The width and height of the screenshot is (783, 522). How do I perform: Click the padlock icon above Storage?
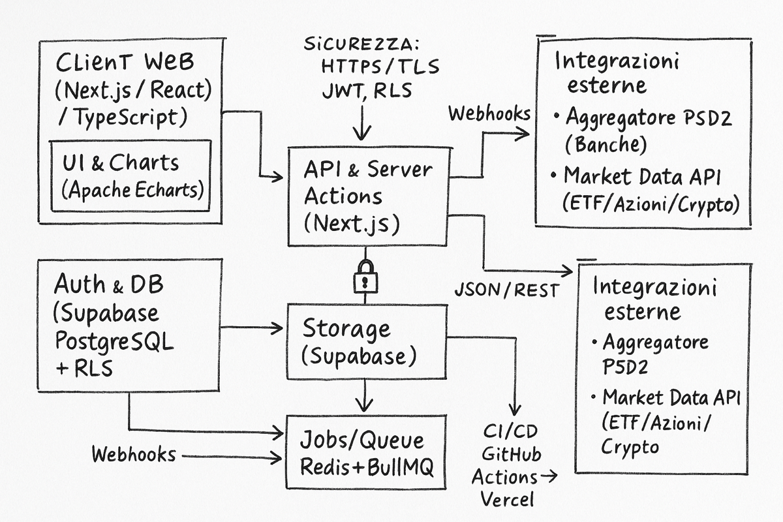pyautogui.click(x=365, y=276)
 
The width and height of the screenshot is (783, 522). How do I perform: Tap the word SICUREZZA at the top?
pyautogui.click(x=360, y=46)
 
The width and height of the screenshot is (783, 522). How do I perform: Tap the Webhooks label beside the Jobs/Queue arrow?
pyautogui.click(x=134, y=454)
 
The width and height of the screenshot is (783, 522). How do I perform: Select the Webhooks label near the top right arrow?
pyautogui.click(x=489, y=113)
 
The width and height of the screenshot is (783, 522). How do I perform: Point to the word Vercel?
pyautogui.click(x=507, y=499)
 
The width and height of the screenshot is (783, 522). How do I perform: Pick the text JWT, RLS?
pyautogui.click(x=367, y=90)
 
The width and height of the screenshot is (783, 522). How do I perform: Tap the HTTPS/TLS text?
pyautogui.click(x=380, y=67)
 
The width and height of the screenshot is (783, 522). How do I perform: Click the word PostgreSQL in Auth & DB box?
pyautogui.click(x=114, y=341)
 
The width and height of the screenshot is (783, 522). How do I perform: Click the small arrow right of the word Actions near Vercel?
pyautogui.click(x=549, y=476)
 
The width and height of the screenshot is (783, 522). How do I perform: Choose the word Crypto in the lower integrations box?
pyautogui.click(x=630, y=447)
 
